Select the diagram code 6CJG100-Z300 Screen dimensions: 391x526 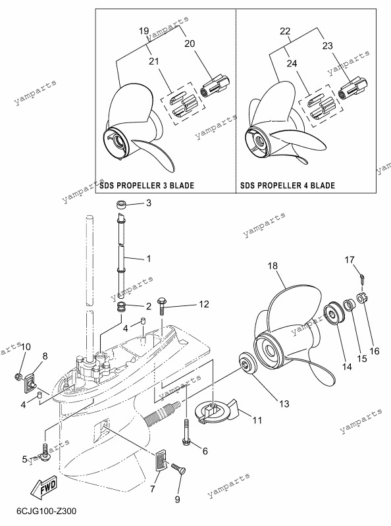(47, 512)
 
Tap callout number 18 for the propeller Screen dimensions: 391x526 (273, 266)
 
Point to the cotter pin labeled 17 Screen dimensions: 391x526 (363, 278)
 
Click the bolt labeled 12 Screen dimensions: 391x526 (163, 305)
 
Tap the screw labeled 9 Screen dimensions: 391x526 (178, 468)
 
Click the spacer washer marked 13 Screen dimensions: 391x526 (248, 363)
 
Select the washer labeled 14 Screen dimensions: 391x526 (335, 313)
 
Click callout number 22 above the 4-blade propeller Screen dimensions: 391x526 (285, 31)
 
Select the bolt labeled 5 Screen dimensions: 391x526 (45, 451)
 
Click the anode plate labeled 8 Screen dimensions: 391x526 (30, 382)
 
